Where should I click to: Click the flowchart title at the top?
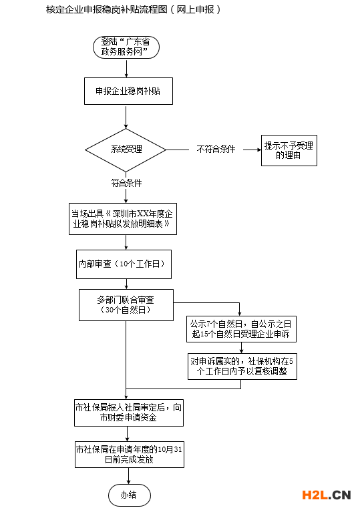(134, 9)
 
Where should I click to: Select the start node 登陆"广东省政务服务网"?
(126, 47)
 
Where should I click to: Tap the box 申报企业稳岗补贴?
(128, 91)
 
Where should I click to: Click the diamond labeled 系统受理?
(126, 150)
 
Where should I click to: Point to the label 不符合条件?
(216, 150)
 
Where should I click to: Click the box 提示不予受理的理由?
(289, 150)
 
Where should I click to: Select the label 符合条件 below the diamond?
(126, 183)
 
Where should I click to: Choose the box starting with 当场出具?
(123, 219)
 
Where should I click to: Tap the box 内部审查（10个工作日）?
(124, 264)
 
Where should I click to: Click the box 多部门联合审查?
(126, 305)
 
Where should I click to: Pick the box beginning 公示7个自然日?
(241, 329)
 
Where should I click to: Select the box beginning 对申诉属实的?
(242, 366)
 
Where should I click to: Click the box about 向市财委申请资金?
(128, 413)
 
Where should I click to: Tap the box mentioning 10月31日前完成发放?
(129, 455)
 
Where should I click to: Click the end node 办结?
(129, 495)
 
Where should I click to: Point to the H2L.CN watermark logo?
(327, 495)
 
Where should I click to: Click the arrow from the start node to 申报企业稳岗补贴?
(126, 68)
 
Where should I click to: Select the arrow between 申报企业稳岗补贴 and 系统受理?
(126, 117)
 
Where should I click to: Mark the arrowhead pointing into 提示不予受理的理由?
(259, 150)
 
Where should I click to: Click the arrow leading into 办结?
(129, 476)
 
